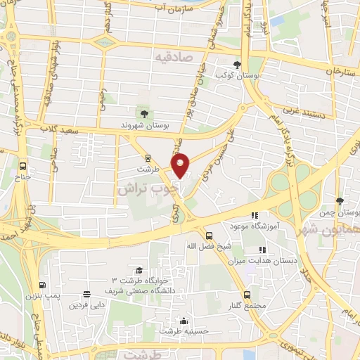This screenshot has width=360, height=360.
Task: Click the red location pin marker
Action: (181, 165)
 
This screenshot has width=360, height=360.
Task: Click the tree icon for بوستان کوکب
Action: (245, 65)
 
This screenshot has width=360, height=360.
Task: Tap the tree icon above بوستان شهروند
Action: (144, 113)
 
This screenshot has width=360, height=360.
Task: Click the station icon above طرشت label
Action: (147, 158)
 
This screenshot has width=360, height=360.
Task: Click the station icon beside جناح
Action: (24, 167)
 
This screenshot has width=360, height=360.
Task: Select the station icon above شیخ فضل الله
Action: (208, 236)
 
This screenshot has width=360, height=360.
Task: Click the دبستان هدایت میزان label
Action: (262, 259)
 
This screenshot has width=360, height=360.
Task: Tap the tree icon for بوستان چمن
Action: (340, 201)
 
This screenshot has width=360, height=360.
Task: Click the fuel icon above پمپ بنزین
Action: (43, 285)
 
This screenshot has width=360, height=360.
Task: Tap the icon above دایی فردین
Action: (86, 295)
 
